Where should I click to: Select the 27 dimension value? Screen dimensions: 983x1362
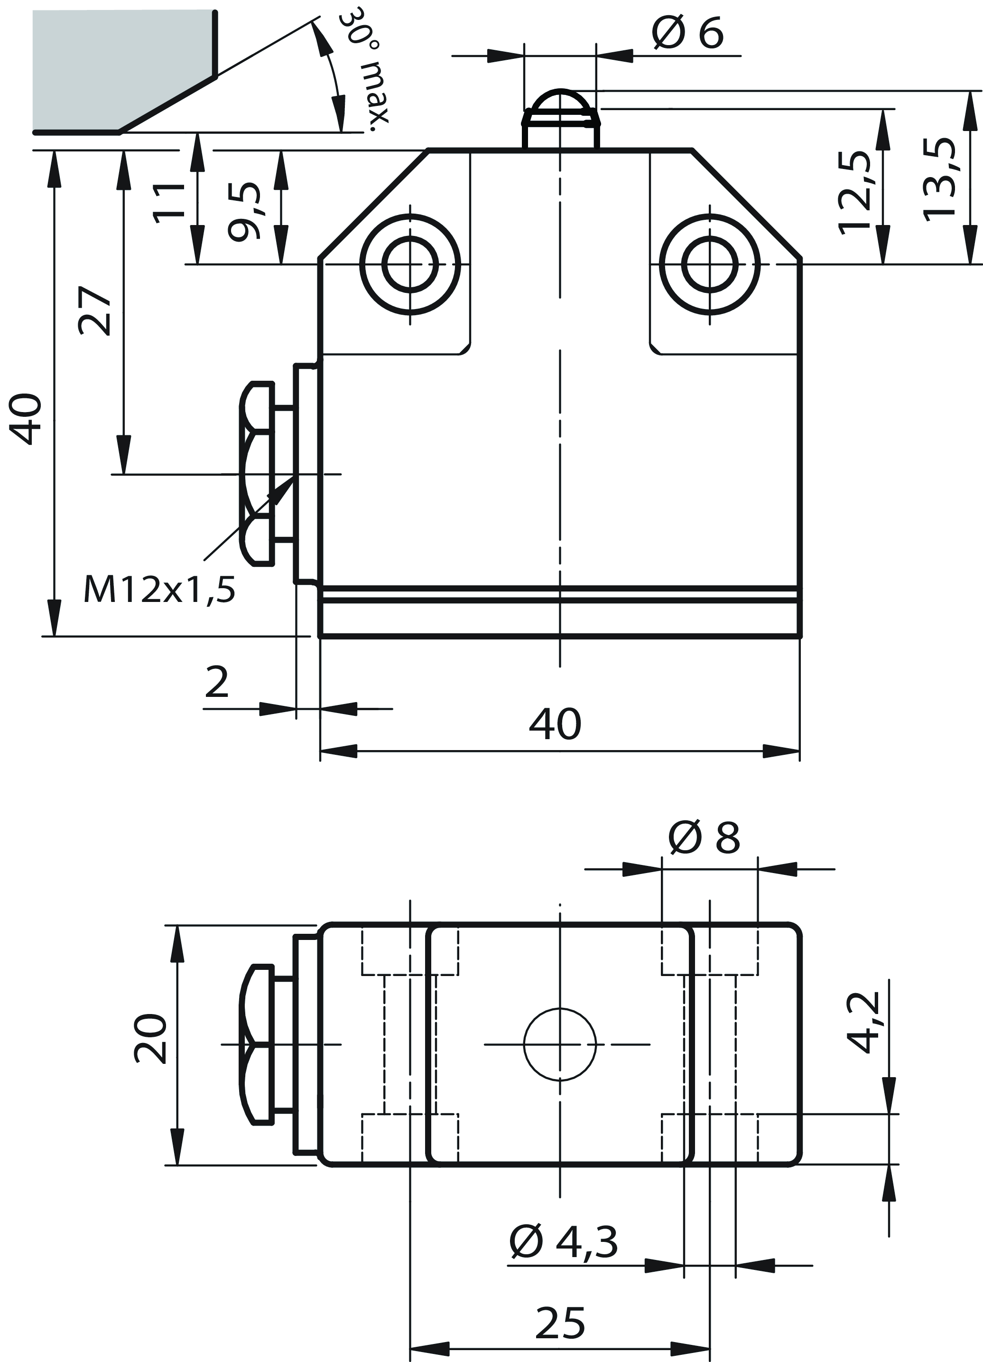click(x=95, y=310)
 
